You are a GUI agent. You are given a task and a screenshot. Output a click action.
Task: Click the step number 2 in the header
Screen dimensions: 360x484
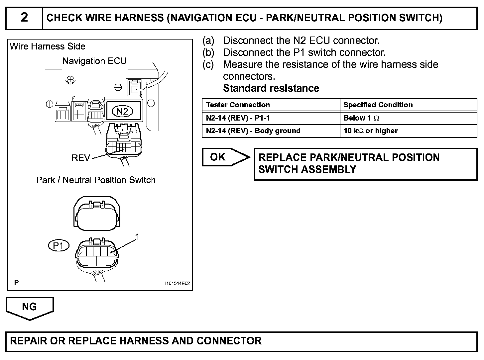point(24,18)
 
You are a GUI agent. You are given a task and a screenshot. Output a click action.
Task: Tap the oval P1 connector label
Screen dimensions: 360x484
point(59,246)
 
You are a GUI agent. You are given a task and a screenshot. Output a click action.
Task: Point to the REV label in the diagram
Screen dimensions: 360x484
point(80,158)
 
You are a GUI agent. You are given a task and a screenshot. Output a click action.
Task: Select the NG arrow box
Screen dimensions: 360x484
point(29,307)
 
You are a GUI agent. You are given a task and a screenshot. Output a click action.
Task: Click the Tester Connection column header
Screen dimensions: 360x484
point(238,105)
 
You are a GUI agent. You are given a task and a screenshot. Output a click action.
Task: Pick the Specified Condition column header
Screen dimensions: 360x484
point(378,105)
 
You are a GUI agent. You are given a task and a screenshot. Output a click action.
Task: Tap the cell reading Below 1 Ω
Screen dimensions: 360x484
point(361,118)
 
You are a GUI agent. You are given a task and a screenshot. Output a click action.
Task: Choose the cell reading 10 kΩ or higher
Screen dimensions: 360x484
point(370,131)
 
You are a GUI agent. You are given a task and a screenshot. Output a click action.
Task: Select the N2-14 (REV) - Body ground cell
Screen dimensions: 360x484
point(253,131)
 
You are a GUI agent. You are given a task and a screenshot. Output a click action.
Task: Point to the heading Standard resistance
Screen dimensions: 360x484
point(271,88)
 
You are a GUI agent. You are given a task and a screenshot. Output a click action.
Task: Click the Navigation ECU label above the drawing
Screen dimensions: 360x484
point(94,61)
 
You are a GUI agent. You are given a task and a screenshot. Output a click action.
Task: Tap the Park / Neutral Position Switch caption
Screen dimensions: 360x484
point(96,180)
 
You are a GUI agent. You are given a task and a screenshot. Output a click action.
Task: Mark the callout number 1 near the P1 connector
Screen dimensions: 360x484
point(137,237)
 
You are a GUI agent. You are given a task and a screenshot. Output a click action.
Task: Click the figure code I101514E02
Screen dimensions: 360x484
point(178,284)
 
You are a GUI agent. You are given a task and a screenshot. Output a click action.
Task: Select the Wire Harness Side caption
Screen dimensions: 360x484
point(48,46)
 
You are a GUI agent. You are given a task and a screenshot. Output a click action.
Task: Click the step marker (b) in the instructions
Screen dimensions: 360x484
point(208,52)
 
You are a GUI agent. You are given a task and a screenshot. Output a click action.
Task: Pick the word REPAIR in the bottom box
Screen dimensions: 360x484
point(29,341)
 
